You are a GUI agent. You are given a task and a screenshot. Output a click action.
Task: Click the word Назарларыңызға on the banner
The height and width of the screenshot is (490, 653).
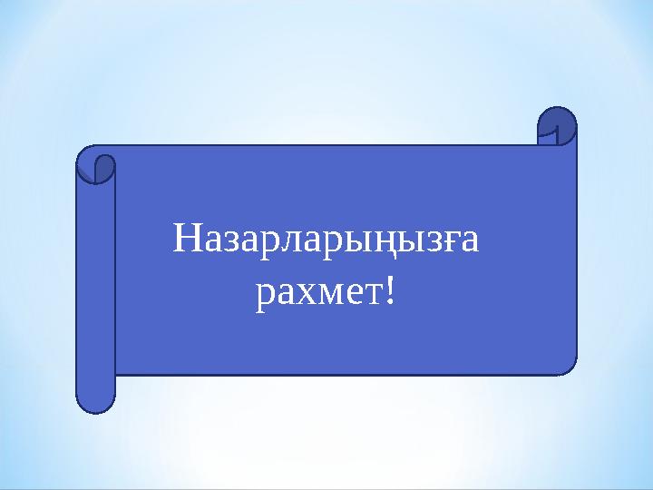[326, 242]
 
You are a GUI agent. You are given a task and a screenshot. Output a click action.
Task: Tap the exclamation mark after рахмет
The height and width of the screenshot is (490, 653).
[389, 291]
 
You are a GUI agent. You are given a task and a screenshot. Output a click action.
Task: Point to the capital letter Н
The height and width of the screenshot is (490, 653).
[185, 241]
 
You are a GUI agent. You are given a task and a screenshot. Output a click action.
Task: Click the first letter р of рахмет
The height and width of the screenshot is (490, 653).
[264, 296]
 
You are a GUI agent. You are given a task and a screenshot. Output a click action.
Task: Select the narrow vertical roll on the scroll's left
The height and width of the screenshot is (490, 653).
[95, 290]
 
